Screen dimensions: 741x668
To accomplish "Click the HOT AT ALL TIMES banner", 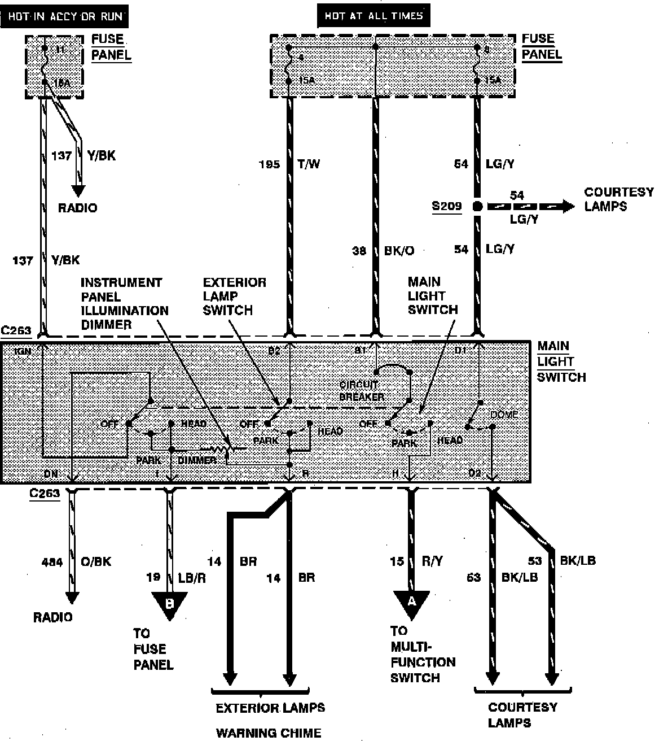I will pos(373,16).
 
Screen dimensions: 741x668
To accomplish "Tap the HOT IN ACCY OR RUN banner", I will pos(64,16).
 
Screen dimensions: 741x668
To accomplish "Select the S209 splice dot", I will pos(478,206).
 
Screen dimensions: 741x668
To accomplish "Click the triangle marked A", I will pos(411,603).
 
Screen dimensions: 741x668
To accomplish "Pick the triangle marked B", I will pos(169,604).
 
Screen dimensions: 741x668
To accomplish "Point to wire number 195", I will pos(269,164).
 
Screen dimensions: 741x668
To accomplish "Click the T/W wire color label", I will pos(309,164).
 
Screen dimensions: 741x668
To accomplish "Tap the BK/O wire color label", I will pos(398,250).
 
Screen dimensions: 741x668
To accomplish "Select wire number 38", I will pos(359,250).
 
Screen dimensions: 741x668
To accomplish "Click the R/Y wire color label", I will pos(432,561).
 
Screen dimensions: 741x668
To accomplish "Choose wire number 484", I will pos(52,561).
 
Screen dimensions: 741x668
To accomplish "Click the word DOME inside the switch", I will pos(504,415).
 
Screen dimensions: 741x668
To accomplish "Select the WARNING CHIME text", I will pos(269,733).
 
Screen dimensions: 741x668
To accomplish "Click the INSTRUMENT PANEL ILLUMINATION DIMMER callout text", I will pos(124,303).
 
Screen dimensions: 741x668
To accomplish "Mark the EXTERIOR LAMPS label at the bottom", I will pos(270,708).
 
